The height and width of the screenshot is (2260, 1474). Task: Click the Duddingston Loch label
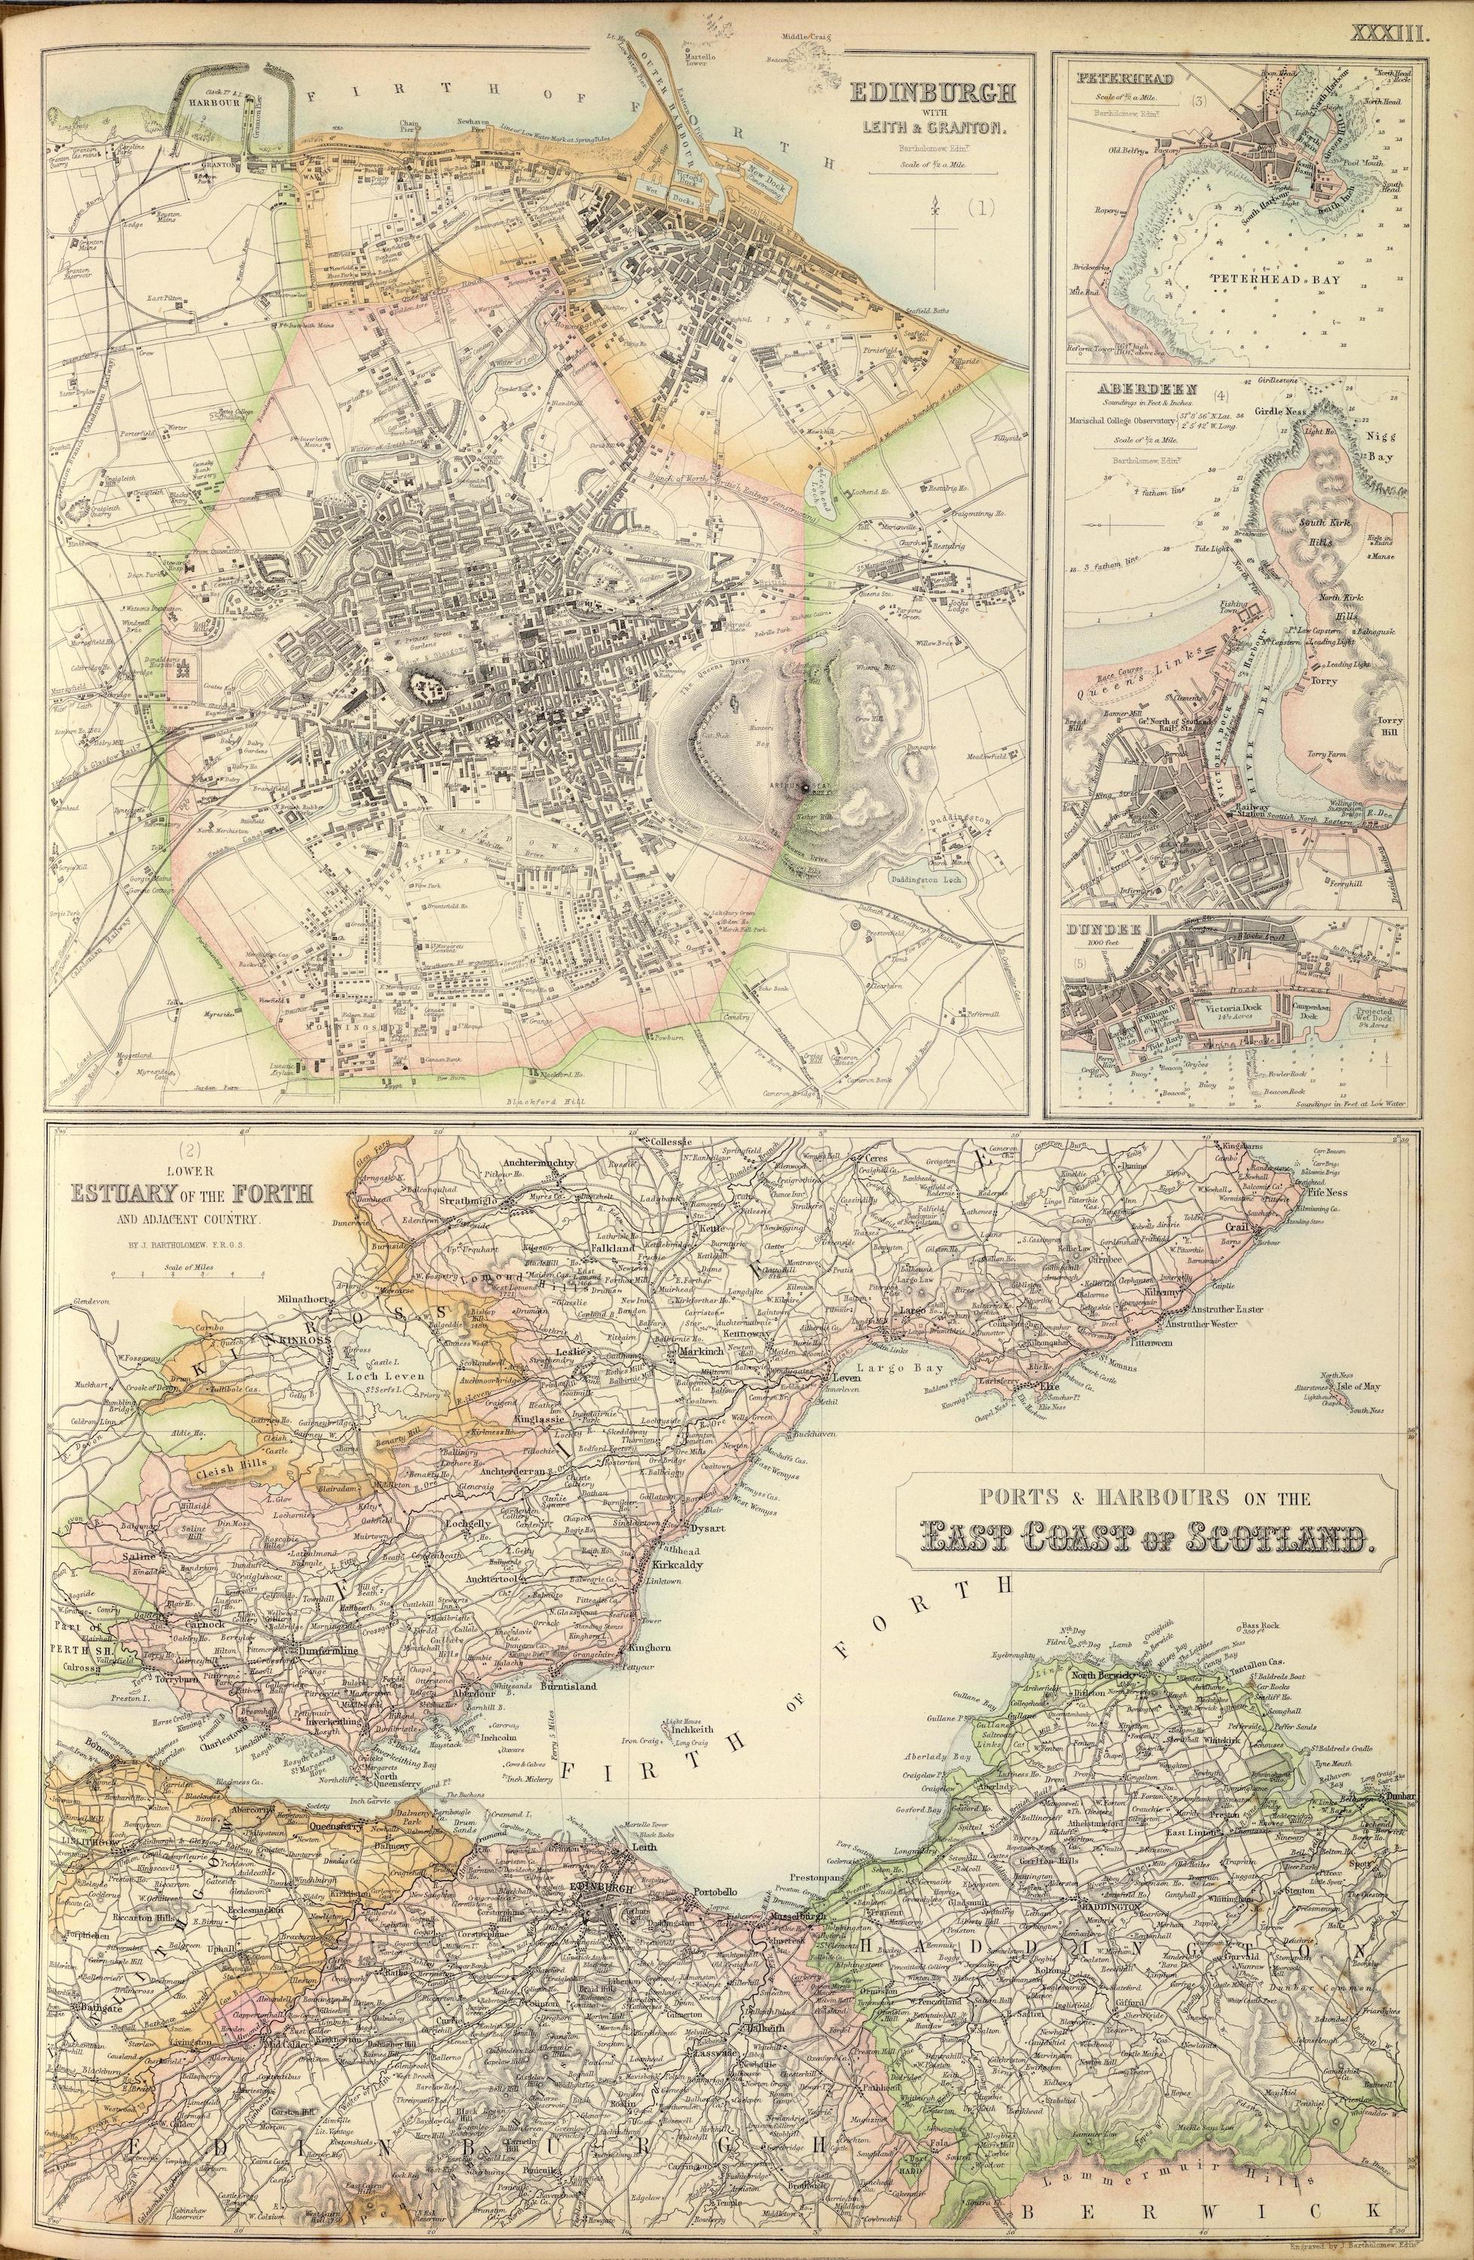928,878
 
